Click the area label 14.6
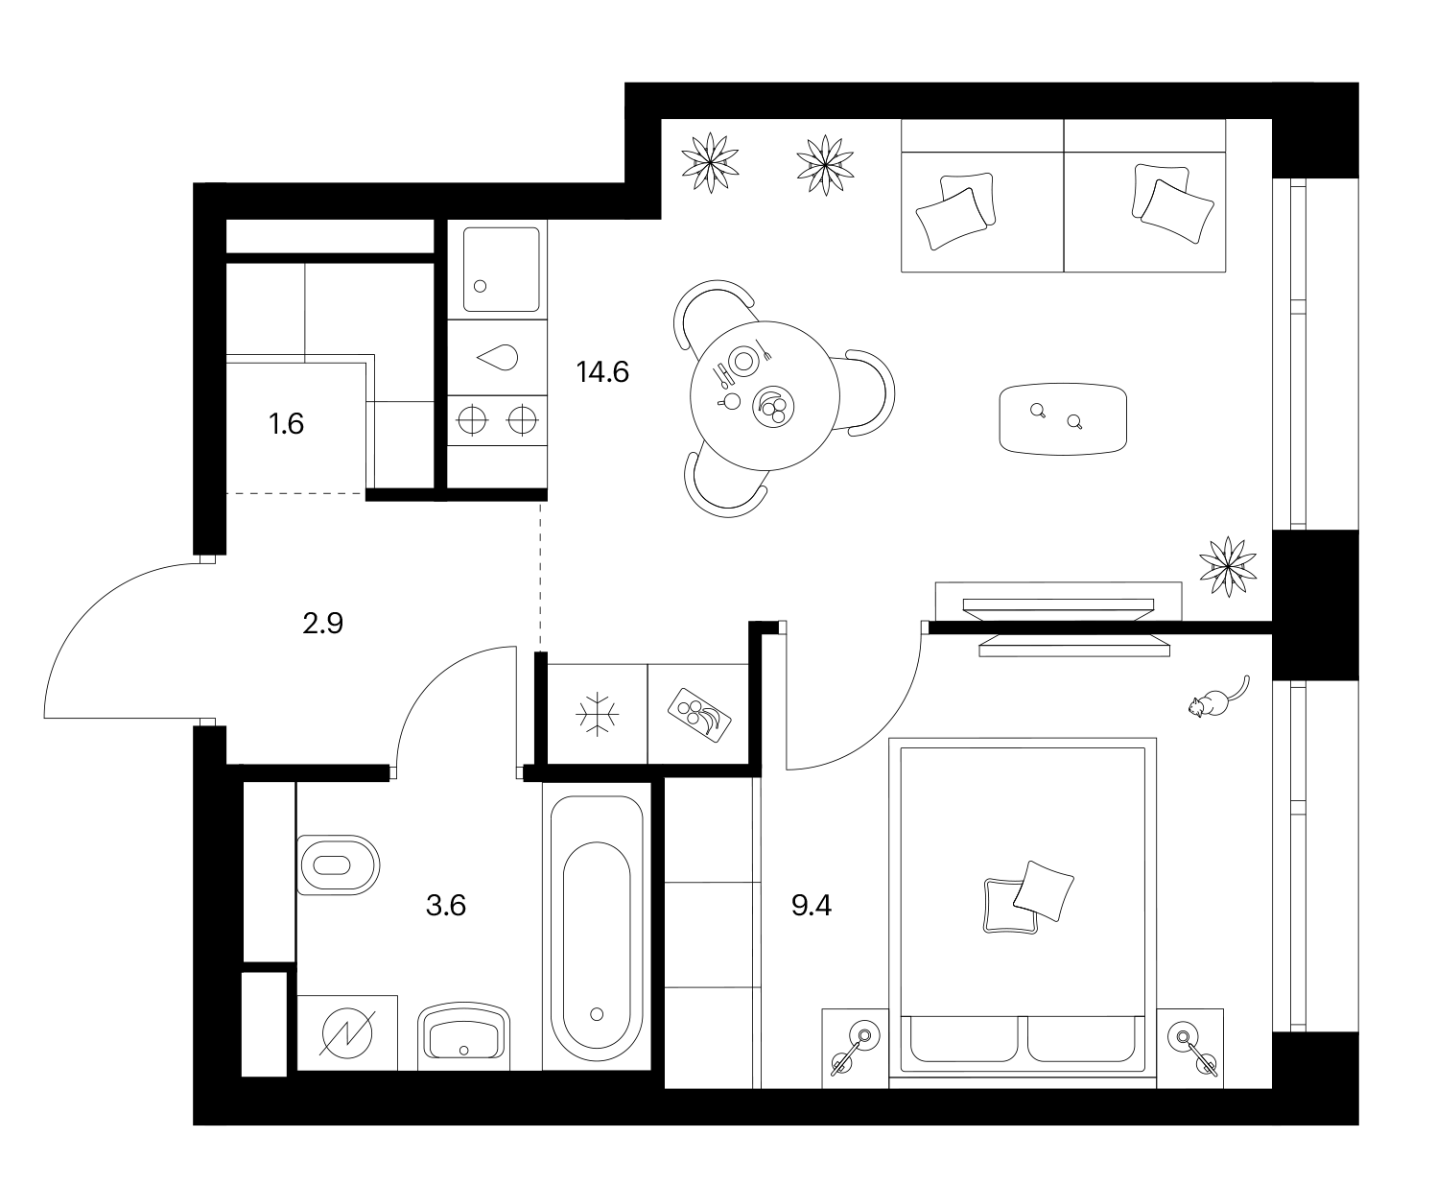[x=602, y=372]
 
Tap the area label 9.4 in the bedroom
[x=812, y=906]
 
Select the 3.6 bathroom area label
[x=446, y=906]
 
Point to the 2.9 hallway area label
[x=322, y=624]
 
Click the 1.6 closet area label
[x=286, y=424]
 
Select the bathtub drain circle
[x=597, y=1014]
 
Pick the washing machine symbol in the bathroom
[x=346, y=1032]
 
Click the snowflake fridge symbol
[x=597, y=714]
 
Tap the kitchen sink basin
[x=501, y=270]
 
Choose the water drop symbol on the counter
[x=497, y=357]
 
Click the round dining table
[x=765, y=396]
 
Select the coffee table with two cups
[x=1063, y=419]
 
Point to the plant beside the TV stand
[x=1228, y=566]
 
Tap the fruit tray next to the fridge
[x=699, y=714]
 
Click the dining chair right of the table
[x=872, y=392]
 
